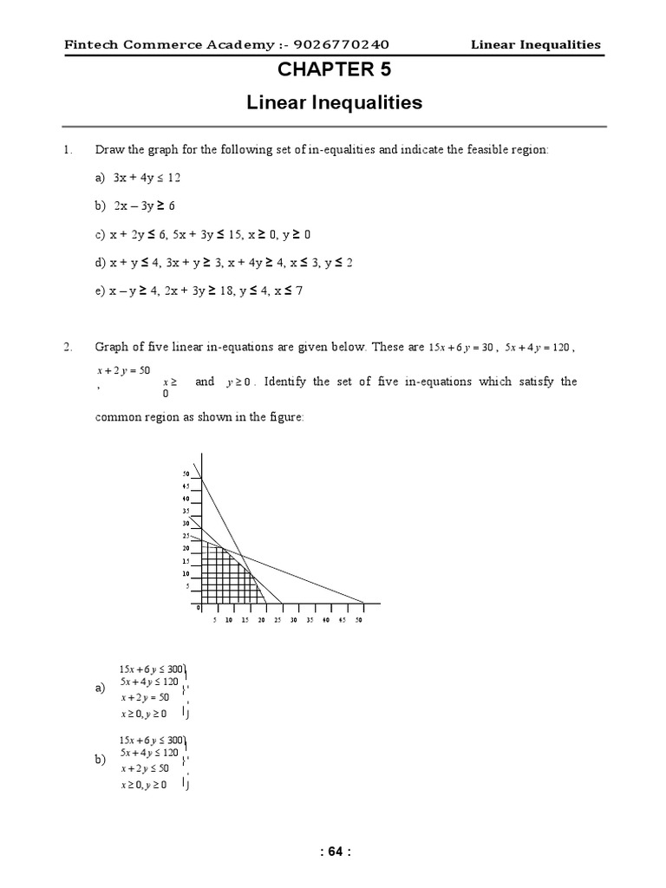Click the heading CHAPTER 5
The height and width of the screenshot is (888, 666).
tap(334, 69)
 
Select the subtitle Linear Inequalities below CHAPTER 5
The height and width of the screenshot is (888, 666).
tap(334, 103)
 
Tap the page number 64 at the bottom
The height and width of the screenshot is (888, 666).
tap(334, 852)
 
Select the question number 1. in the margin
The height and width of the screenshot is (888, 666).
tap(69, 149)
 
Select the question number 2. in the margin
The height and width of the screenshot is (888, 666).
tap(69, 347)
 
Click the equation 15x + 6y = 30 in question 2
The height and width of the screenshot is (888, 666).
tap(461, 348)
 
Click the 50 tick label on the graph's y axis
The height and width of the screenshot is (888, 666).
tap(185, 474)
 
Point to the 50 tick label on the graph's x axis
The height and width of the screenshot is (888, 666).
tap(358, 620)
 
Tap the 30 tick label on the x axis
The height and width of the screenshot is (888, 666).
tap(293, 620)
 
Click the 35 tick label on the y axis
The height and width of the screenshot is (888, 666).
tap(185, 512)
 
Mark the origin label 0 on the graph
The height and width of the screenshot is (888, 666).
tap(198, 609)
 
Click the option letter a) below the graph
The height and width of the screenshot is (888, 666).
tap(99, 688)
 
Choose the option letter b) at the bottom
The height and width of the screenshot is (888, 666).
tap(99, 760)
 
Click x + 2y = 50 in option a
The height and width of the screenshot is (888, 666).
tap(146, 697)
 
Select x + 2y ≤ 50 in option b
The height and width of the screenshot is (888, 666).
tap(146, 769)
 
